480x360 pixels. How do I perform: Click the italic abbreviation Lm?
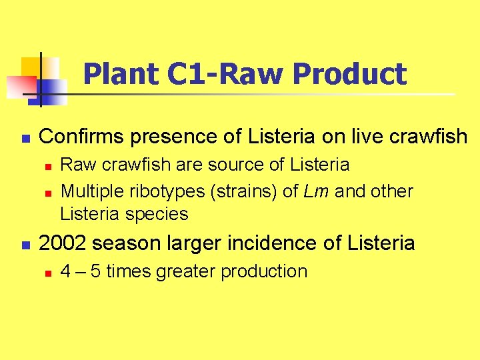317,191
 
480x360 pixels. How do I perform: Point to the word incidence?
279,243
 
